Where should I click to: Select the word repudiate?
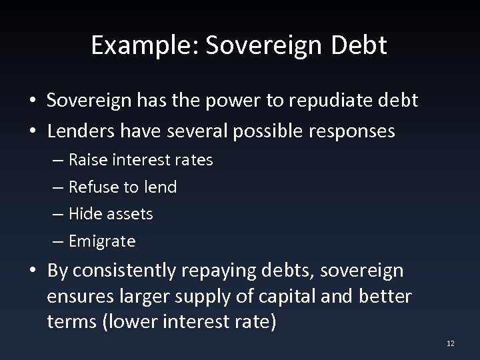(320, 101)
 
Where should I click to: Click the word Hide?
(85, 214)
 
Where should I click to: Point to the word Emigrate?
(102, 241)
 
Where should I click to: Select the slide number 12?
(451, 343)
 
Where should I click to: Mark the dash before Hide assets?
(59, 214)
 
